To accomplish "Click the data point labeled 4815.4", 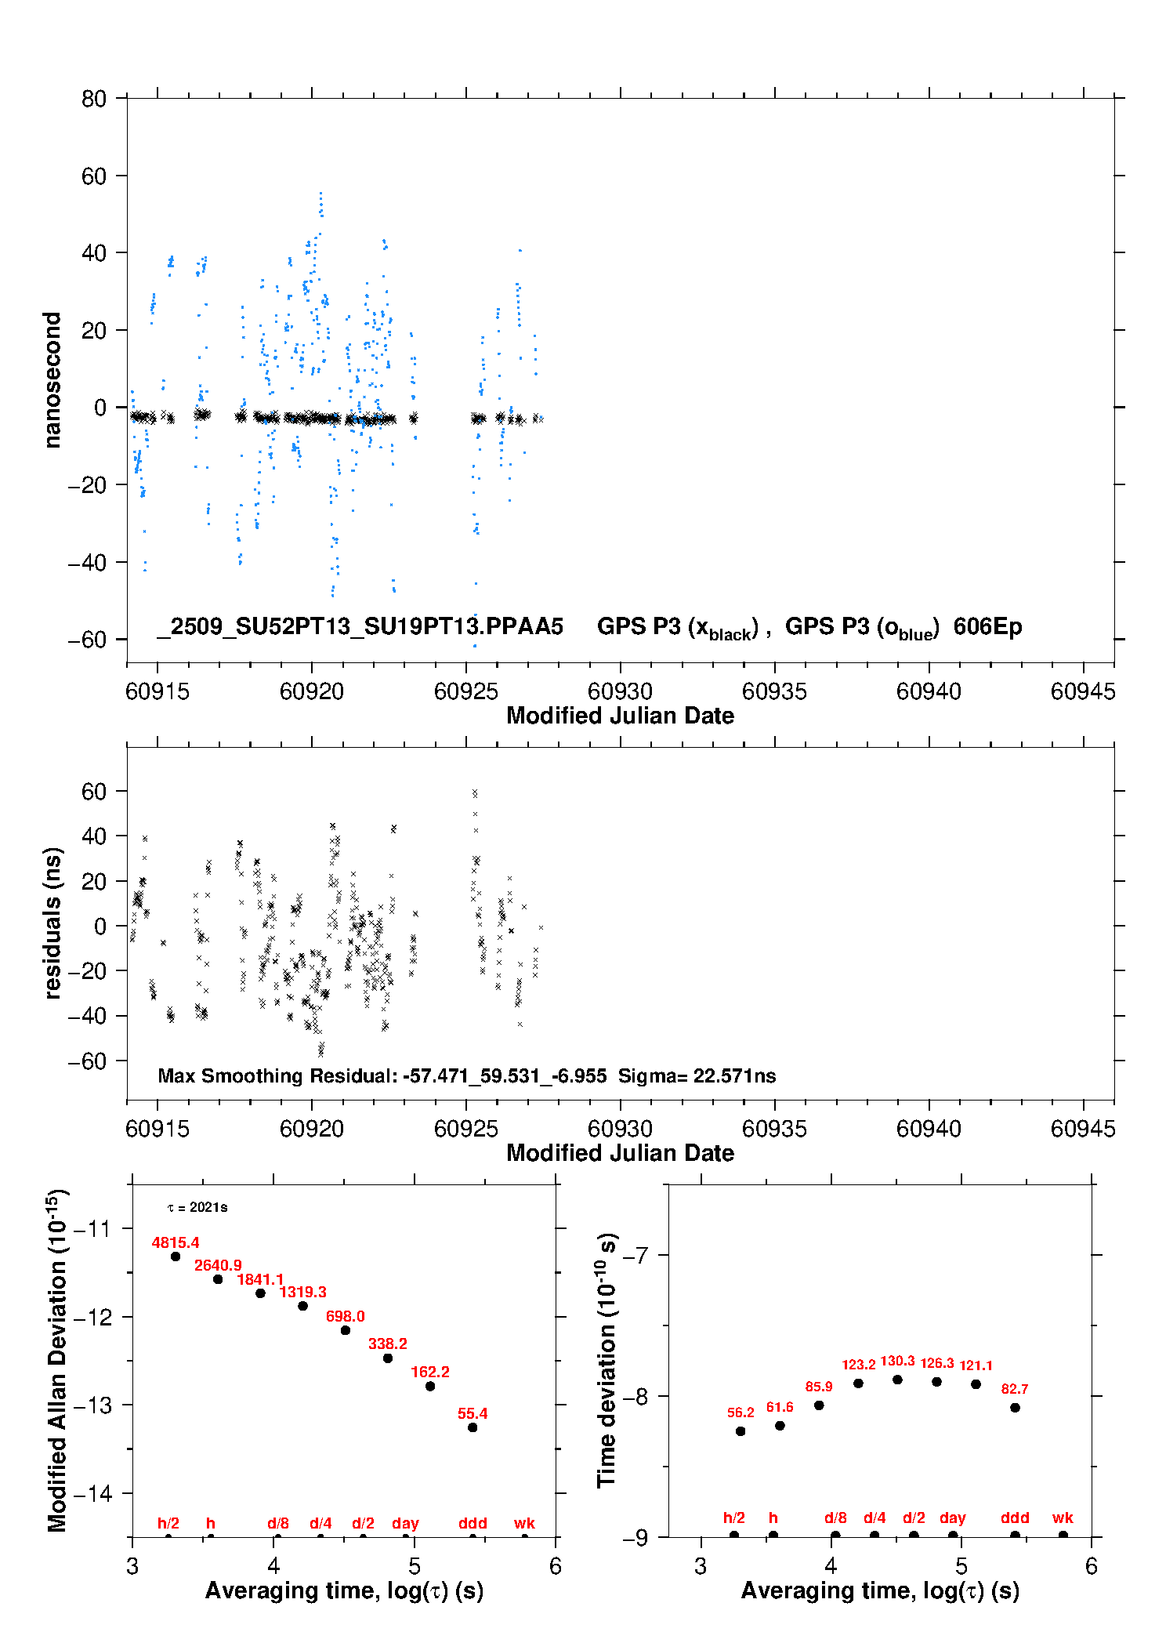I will [176, 1257].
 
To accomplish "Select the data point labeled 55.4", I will [473, 1427].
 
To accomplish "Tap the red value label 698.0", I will [345, 1316].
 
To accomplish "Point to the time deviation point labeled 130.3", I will [897, 1380].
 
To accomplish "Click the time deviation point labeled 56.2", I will [741, 1431].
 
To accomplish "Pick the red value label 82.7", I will [1015, 1389].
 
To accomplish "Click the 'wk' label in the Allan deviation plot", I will [524, 1523].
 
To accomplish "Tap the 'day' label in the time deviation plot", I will [952, 1518].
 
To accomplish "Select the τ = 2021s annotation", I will [197, 1207].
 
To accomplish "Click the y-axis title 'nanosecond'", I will [53, 380].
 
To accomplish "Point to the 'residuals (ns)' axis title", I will [53, 923].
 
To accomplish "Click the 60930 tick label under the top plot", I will [620, 691].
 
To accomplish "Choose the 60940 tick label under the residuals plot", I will [929, 1129].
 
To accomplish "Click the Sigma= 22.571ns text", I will [697, 1075].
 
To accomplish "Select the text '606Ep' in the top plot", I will [987, 626].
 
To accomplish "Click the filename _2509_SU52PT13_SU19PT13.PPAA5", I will [360, 626].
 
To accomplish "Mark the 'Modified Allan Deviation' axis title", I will [57, 1361].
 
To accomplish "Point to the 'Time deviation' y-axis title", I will [607, 1361].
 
